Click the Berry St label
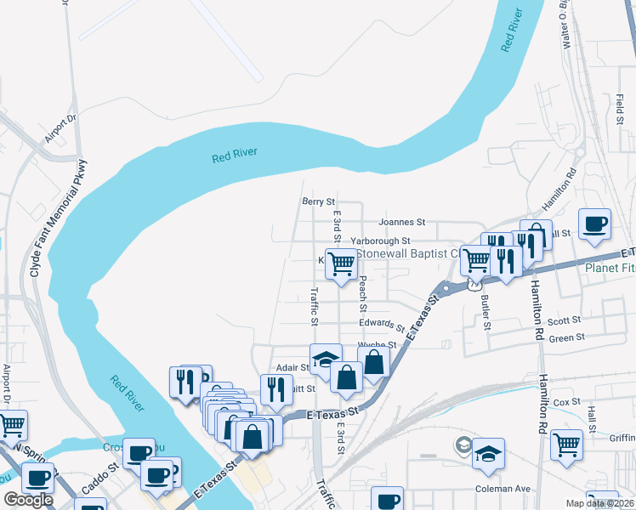pos(318,201)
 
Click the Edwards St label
pos(380,325)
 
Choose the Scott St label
pos(564,320)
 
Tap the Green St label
pos(568,337)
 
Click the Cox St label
pos(565,401)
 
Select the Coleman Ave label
pos(507,489)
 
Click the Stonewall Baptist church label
pos(408,253)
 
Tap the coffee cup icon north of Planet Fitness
pos(594,225)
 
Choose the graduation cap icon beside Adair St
pos(325,360)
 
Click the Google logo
pos(28,500)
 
